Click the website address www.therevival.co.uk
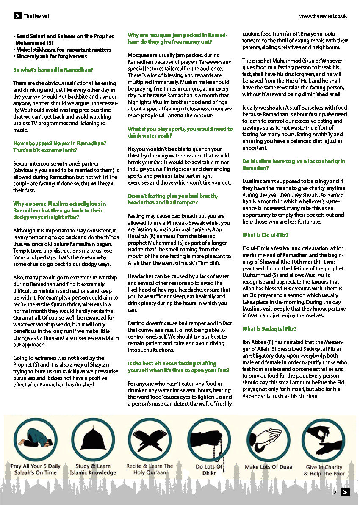pos(323,16)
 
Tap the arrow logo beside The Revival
pos(17,16)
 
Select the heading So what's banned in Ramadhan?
pos(53,69)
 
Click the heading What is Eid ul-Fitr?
pos(265,235)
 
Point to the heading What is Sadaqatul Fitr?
pos(269,328)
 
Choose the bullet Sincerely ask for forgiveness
pos(50,56)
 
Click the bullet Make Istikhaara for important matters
pos(63,50)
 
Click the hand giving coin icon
pos(324,441)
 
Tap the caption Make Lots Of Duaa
pos(269,467)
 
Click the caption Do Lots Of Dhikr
pos(209,470)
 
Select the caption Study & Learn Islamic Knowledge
pos(93,469)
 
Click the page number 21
pos(336,492)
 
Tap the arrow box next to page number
pos(345,492)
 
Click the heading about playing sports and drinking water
pos(180,132)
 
